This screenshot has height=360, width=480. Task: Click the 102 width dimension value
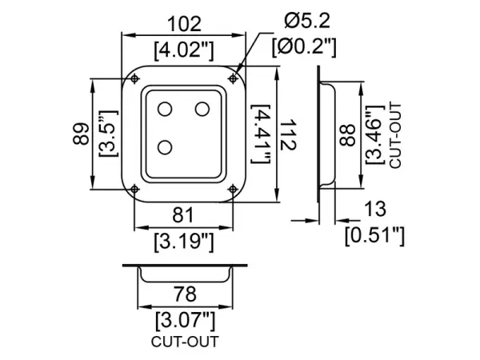click(x=184, y=24)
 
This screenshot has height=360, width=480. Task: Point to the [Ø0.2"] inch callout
click(x=303, y=46)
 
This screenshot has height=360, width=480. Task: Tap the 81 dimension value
click(x=184, y=214)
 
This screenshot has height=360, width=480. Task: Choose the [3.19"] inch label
click(x=184, y=239)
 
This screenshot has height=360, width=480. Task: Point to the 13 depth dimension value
click(x=374, y=210)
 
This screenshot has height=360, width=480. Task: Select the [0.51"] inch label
click(x=374, y=234)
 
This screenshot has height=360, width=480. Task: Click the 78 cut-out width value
click(x=184, y=295)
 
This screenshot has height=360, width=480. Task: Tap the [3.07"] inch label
click(x=184, y=321)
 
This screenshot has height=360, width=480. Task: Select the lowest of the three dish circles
click(x=166, y=147)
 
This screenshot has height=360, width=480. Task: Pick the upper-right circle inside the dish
click(x=203, y=108)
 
